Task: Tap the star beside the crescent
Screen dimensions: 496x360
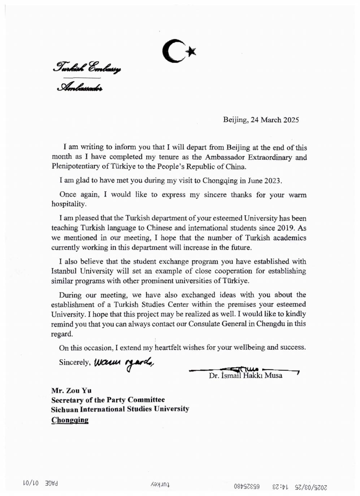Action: click(x=191, y=52)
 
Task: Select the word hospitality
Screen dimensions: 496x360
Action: click(x=68, y=204)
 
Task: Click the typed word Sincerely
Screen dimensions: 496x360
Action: click(x=74, y=363)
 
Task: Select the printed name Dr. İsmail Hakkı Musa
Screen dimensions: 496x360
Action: click(x=246, y=376)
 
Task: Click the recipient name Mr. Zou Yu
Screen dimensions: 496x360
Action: click(x=71, y=390)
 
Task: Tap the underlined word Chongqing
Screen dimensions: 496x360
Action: click(x=70, y=420)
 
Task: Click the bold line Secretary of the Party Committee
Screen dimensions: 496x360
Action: click(x=108, y=400)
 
